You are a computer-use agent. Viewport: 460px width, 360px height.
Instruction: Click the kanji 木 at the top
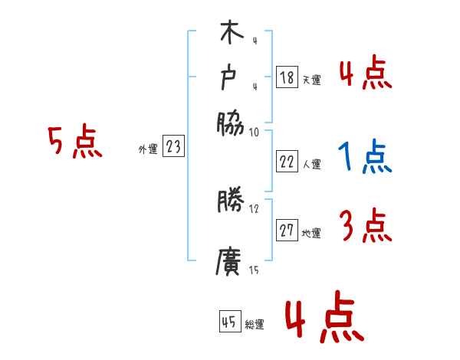coord(230,35)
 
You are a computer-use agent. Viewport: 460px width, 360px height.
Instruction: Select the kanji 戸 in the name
coord(230,77)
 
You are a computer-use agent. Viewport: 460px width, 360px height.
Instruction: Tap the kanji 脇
coord(230,120)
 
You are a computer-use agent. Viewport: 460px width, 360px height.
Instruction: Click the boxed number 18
coord(287,77)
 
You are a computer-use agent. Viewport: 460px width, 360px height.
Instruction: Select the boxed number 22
coord(287,162)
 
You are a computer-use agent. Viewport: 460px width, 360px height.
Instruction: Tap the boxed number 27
coord(287,231)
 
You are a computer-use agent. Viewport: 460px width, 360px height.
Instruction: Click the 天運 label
coord(312,80)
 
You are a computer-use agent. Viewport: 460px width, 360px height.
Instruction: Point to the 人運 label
coord(312,164)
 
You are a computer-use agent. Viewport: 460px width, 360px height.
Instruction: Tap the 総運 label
coord(255,324)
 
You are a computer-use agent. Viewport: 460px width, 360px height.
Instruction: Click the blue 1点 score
coord(364,158)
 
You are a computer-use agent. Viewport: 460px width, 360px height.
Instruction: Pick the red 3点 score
coord(364,227)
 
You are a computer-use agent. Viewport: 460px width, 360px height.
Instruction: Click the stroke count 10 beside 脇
coord(254,132)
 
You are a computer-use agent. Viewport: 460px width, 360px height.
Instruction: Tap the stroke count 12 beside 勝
coord(254,208)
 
